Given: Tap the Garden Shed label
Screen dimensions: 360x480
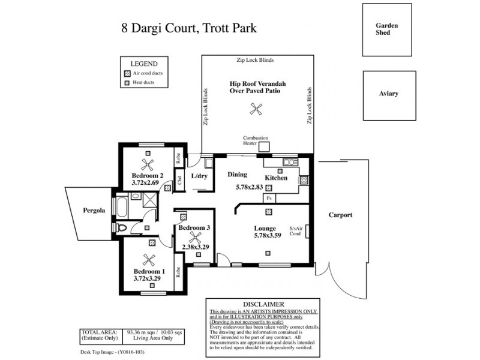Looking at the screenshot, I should pos(383,29).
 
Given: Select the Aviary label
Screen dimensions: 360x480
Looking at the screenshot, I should pos(389,94).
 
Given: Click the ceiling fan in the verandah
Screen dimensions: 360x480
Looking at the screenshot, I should pos(256,109).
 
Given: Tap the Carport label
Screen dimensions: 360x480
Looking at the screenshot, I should pos(340,215).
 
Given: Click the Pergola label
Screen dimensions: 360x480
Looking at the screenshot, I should pos(94,211).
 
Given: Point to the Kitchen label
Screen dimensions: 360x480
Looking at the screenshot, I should pos(276,178).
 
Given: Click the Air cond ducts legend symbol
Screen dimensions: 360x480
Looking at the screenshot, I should pos(127,73).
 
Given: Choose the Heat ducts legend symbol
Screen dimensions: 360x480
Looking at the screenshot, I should pos(127,83).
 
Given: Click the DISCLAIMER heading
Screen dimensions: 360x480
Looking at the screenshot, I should pos(263,304).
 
